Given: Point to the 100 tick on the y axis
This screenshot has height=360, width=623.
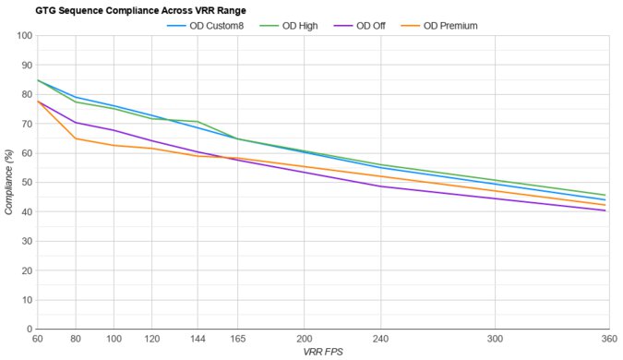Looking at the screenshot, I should (x=23, y=36).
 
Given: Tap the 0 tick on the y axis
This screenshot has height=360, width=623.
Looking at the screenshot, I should (x=29, y=330).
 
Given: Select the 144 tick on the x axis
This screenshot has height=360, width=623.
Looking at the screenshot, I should (x=197, y=339).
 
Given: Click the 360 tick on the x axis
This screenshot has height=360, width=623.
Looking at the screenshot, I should (x=605, y=339).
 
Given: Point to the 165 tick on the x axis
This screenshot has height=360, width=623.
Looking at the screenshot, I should (x=236, y=339).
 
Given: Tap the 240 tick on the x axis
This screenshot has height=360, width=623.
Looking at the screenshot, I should (x=378, y=339).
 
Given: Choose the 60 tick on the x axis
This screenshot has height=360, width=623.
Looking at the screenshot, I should (x=38, y=339).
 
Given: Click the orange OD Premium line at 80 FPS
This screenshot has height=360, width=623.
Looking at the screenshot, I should (x=76, y=138).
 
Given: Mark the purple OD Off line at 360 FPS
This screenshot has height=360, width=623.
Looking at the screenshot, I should (x=605, y=210).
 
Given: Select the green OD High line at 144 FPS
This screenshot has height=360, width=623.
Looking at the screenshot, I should (x=197, y=122).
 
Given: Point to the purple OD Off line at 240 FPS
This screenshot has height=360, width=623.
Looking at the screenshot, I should (x=378, y=186).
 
